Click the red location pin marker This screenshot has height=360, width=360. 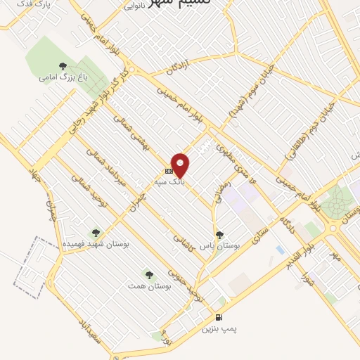tap(181, 165)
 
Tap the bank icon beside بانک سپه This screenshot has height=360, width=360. tap(169, 171)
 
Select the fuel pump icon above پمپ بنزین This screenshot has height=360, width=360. tap(220, 317)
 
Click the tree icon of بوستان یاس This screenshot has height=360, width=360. tap(220, 236)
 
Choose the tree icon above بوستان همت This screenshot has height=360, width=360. tap(148, 274)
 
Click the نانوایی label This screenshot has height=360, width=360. tap(134, 6)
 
